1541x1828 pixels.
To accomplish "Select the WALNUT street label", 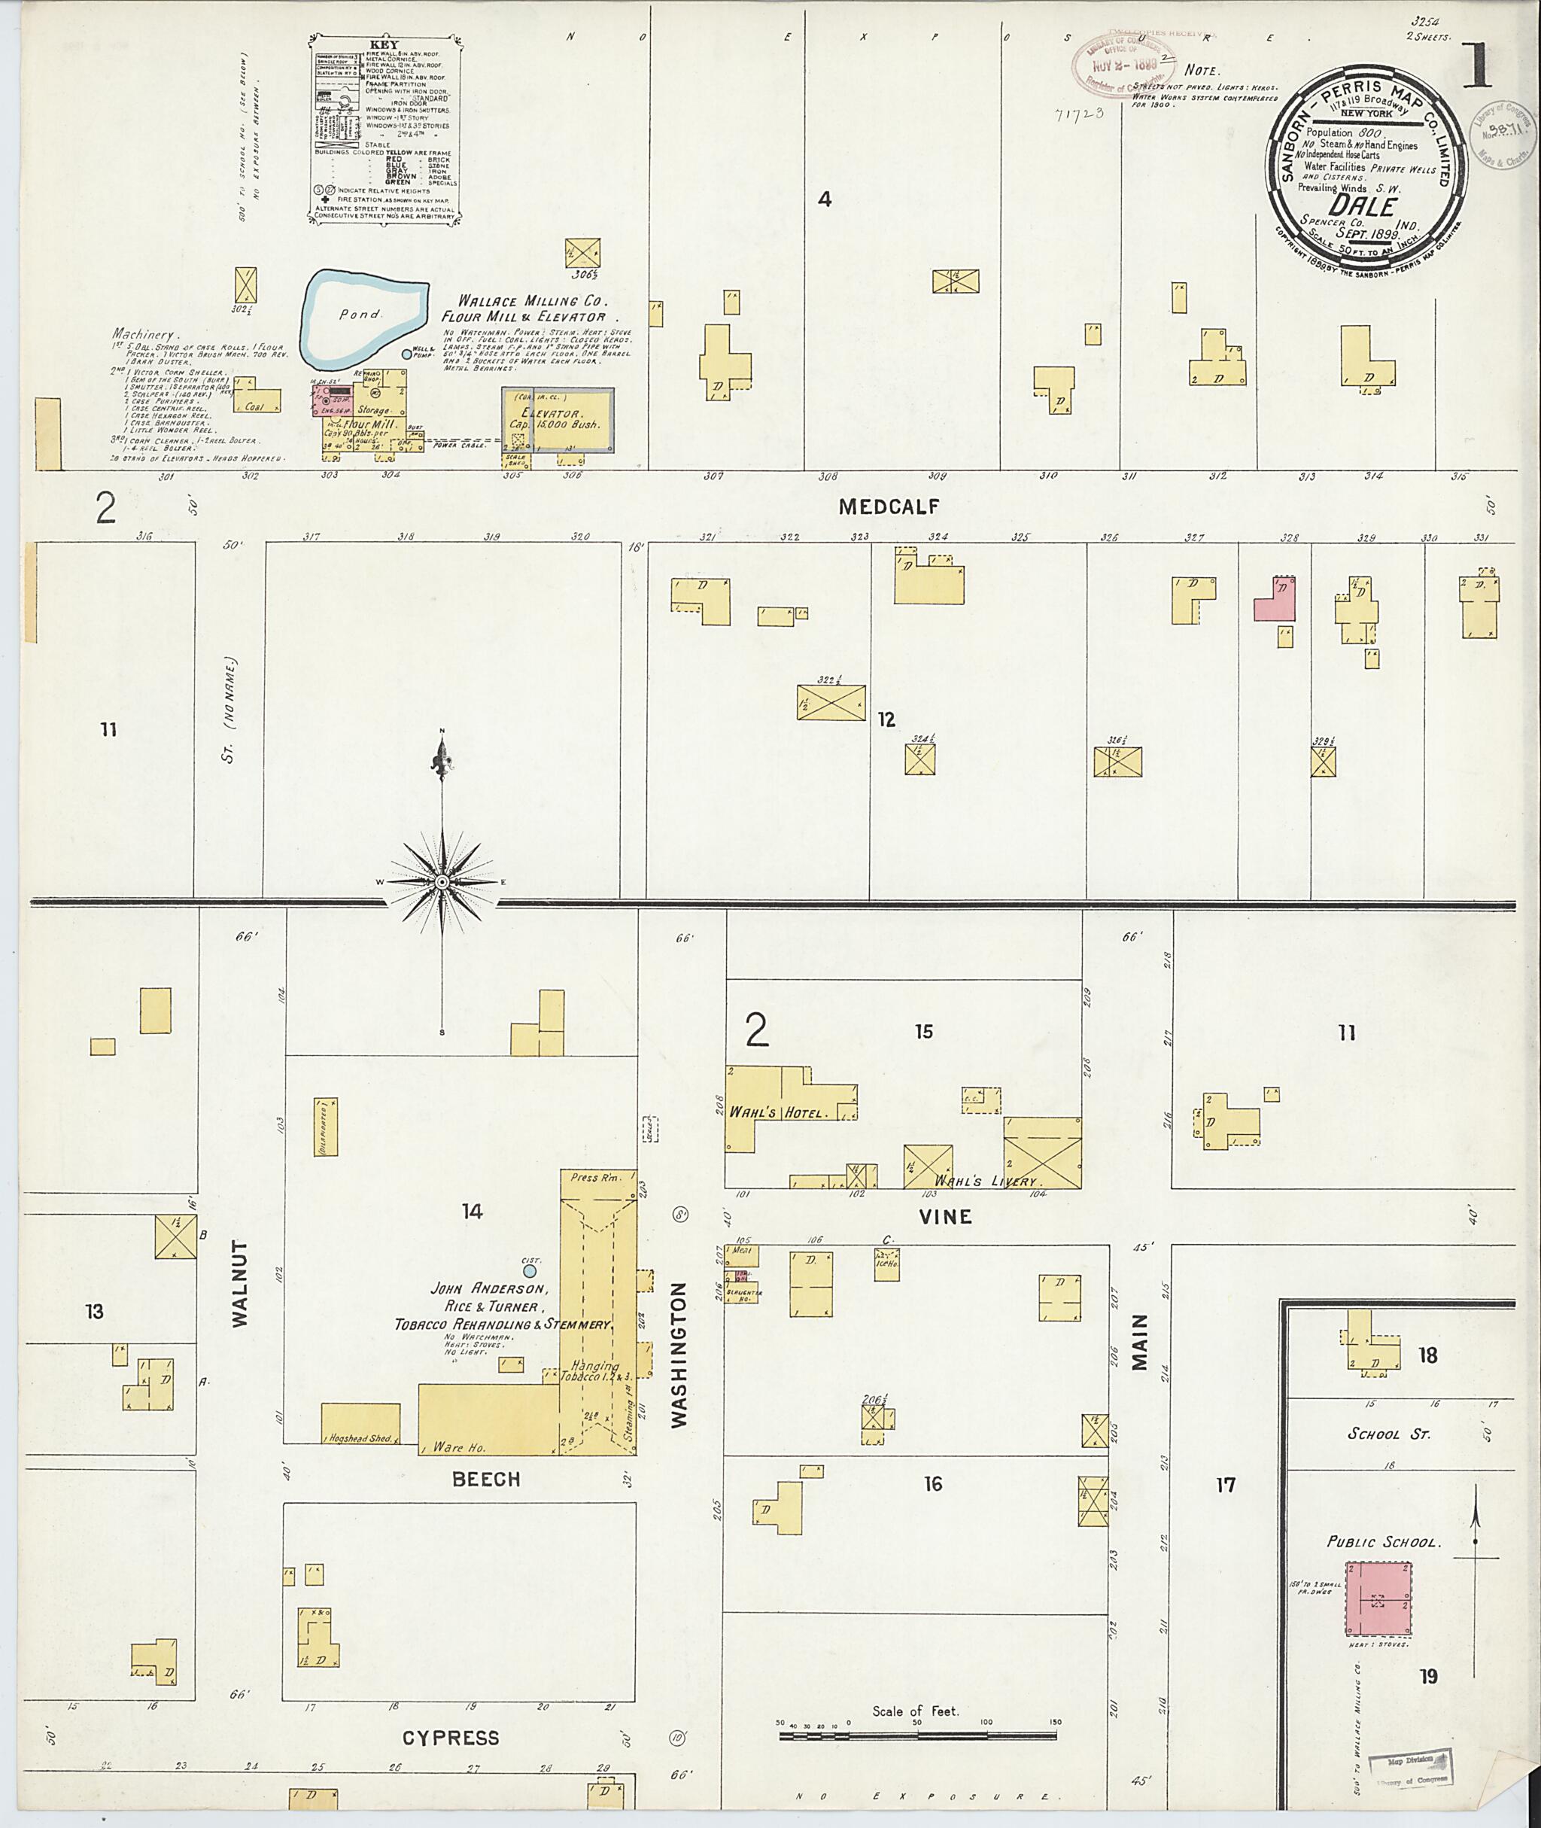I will pyautogui.click(x=240, y=1282).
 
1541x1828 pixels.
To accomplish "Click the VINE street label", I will pyautogui.click(x=946, y=1216).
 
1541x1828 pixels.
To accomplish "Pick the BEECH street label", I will pyautogui.click(x=486, y=1480).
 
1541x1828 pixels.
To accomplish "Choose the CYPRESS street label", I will pyautogui.click(x=451, y=1738).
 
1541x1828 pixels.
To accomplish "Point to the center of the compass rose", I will pyautogui.click(x=442, y=883).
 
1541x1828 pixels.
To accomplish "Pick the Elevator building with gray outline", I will pyautogui.click(x=557, y=419).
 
